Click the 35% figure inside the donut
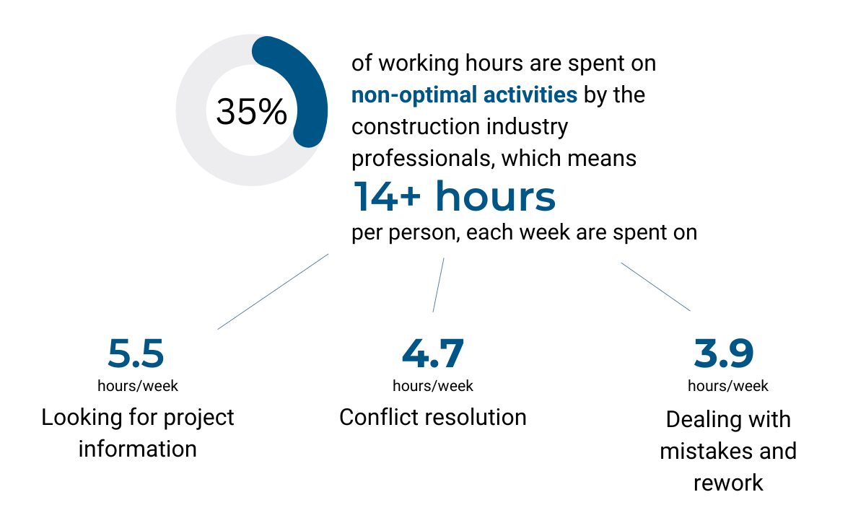[x=251, y=111]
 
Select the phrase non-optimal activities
[x=464, y=95]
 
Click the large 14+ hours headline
[x=454, y=196]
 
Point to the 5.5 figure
[x=136, y=353]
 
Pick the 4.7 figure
[x=433, y=353]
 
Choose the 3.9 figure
[x=724, y=353]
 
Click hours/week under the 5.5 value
[x=138, y=386]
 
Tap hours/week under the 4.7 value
[x=433, y=386]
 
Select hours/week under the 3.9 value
[x=728, y=386]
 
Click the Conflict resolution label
[x=433, y=417]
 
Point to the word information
[x=138, y=449]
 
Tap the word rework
[x=728, y=483]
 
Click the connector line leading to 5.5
[x=273, y=291]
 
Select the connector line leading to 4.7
[x=439, y=285]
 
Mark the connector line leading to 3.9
[x=656, y=286]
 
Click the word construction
[x=416, y=127]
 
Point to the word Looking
[x=82, y=418]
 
